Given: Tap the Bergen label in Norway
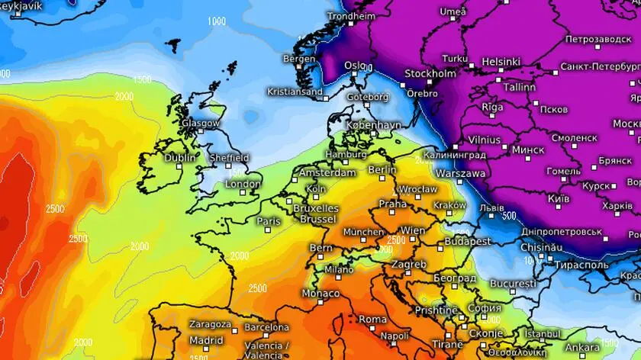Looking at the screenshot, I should click(298, 58).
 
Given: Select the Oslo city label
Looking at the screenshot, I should click(355, 66).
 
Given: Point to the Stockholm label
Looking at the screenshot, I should click(430, 74).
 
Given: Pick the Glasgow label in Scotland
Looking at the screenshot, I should click(201, 123).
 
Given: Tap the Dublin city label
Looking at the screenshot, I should click(180, 158).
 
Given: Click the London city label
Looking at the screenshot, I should click(243, 184).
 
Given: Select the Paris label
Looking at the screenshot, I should click(269, 221).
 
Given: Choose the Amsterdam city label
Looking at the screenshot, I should click(328, 172).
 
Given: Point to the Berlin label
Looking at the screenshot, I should click(382, 169).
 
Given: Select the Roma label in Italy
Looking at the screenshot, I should click(372, 319).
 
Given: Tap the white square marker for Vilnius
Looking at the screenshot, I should click(456, 146).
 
